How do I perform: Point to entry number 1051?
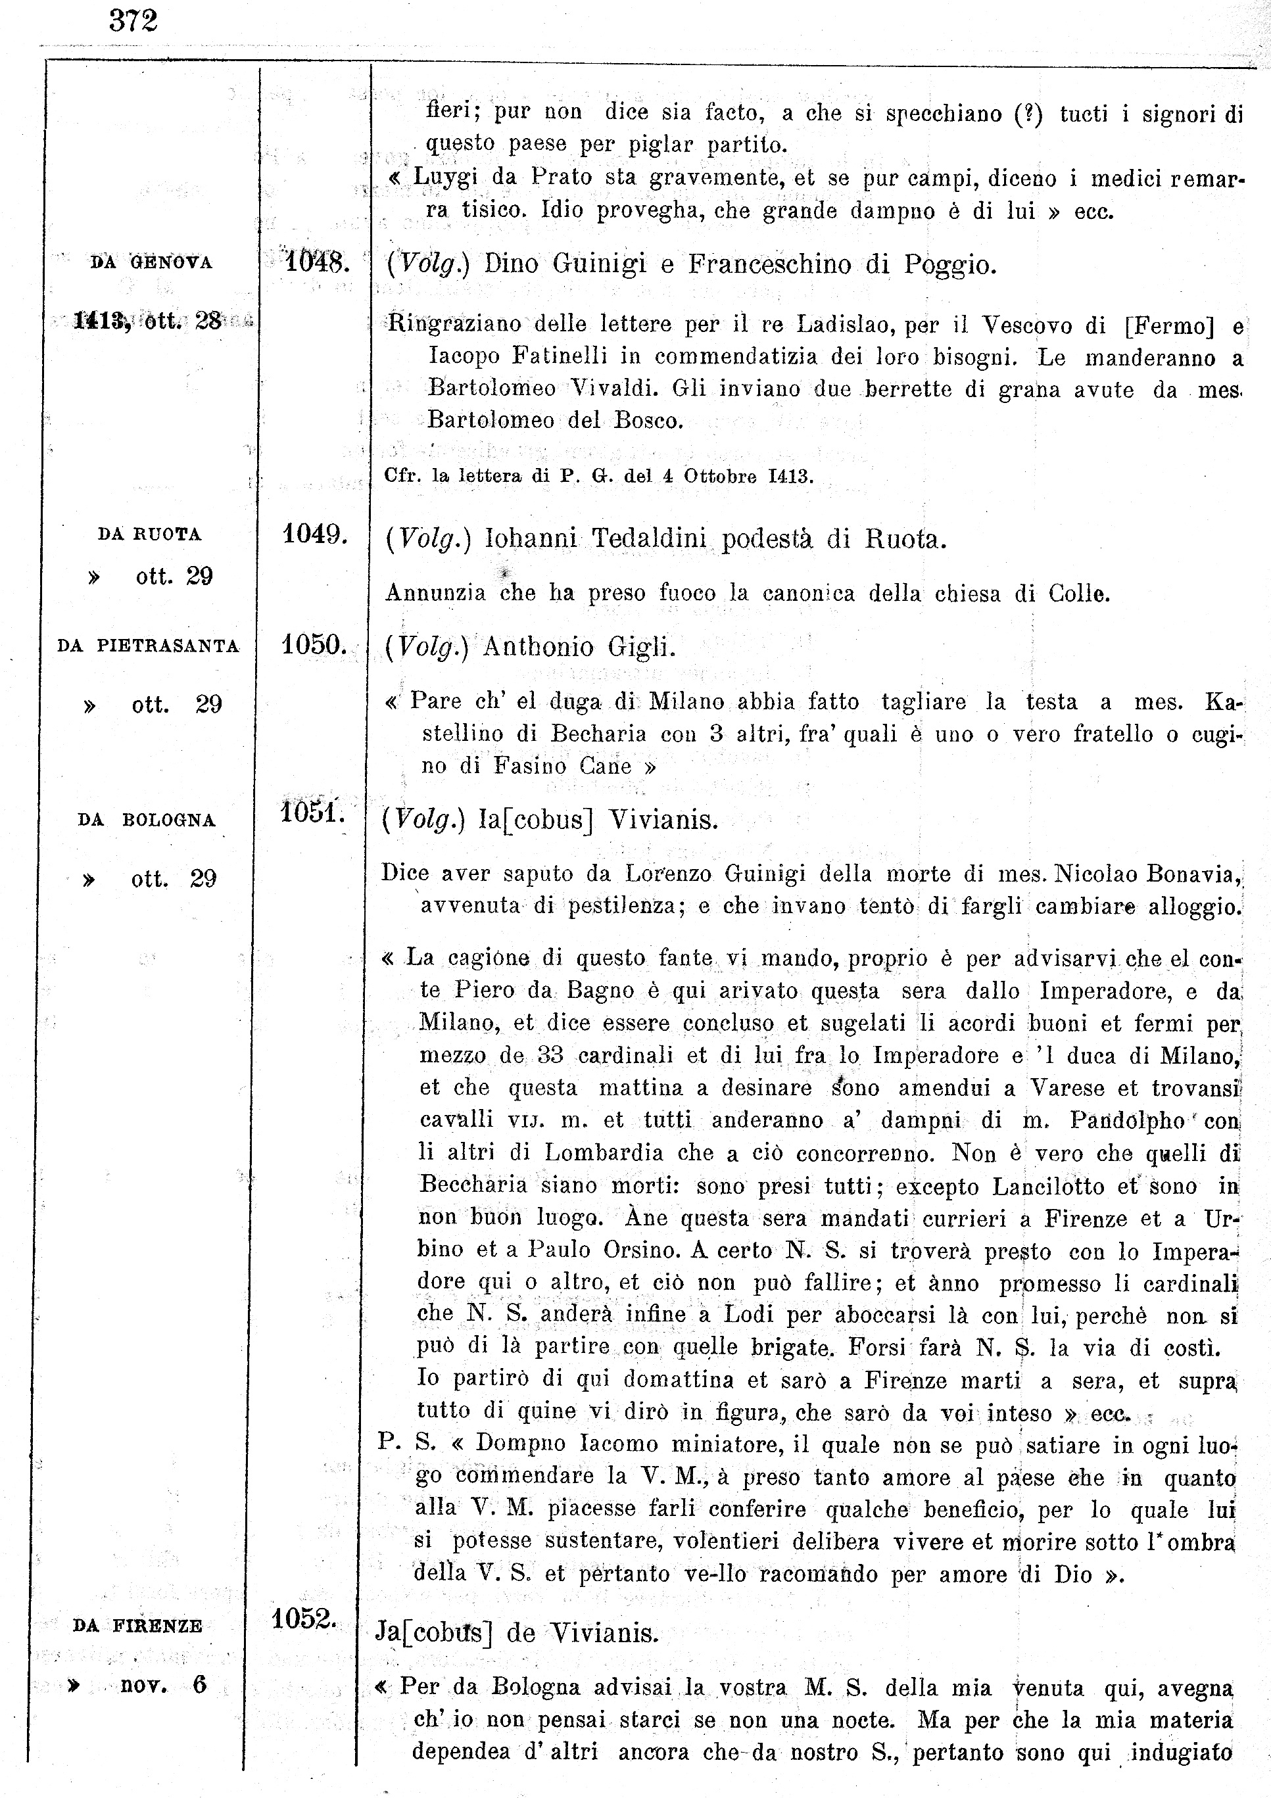tap(312, 812)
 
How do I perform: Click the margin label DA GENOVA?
tap(151, 263)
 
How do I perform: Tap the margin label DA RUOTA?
tap(149, 535)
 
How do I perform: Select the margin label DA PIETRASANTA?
tap(148, 646)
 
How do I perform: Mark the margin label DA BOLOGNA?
tap(147, 820)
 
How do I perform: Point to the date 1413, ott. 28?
tap(148, 320)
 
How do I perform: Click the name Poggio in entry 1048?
tap(950, 266)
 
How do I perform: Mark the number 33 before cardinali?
tap(550, 1056)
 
